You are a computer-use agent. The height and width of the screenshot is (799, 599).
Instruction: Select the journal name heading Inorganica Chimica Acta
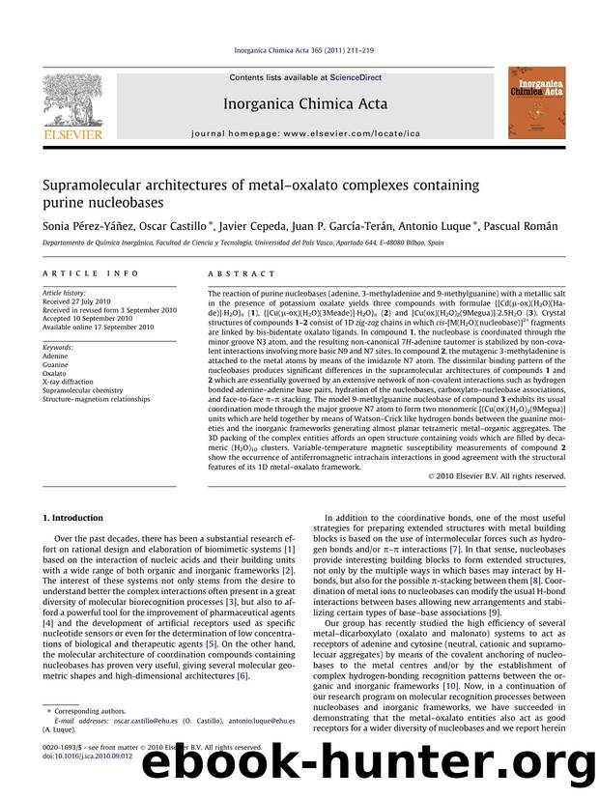click(306, 103)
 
